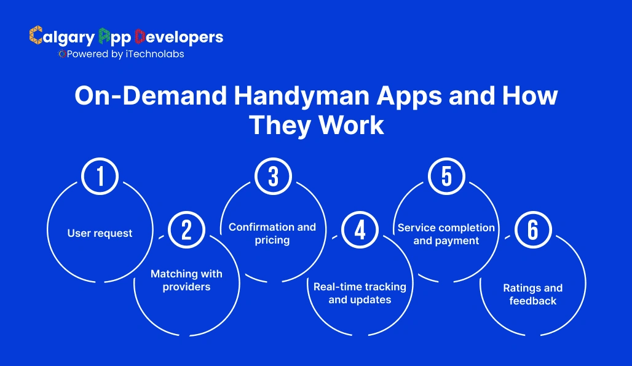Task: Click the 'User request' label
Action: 100,233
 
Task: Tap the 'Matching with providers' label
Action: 186,280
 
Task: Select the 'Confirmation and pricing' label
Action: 272,233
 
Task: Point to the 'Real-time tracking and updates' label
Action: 360,293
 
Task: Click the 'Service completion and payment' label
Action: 446,234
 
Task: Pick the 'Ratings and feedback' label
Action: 532,294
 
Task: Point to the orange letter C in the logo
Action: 36,36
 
